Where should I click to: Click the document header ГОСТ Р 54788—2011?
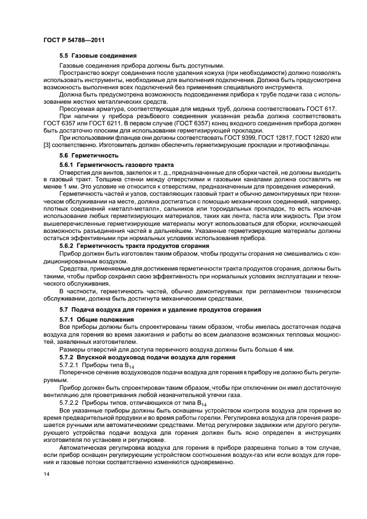(x=74, y=40)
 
